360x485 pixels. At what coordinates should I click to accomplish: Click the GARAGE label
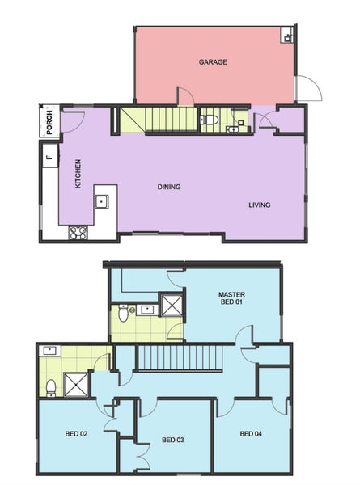(x=213, y=61)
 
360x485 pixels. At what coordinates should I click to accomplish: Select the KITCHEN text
(x=78, y=174)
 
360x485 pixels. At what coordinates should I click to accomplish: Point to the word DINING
(x=168, y=187)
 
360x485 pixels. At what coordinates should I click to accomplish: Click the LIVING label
(x=259, y=205)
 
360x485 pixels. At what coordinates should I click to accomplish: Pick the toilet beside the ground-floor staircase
(x=209, y=120)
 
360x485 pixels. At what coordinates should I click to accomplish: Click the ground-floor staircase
(x=159, y=120)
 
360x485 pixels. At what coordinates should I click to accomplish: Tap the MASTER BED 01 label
(x=231, y=298)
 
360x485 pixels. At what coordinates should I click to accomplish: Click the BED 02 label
(x=76, y=434)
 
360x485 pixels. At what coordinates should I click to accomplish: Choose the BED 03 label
(x=173, y=440)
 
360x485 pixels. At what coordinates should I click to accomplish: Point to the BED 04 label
(x=251, y=434)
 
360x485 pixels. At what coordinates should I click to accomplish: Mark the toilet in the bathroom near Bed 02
(x=50, y=387)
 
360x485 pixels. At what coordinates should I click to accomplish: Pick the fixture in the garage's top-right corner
(x=286, y=36)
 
